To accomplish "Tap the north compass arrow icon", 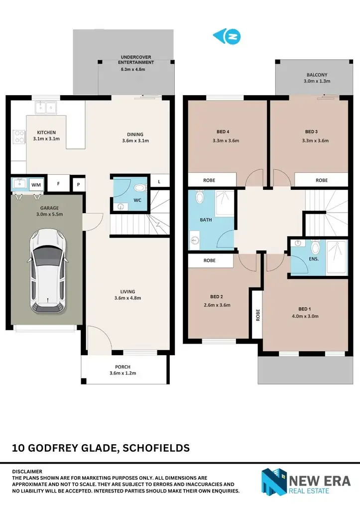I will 227,36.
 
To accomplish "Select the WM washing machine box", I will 36,184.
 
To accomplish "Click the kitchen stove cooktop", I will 18,136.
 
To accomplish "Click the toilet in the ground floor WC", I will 139,188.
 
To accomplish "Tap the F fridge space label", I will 58,184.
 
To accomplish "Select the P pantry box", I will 78,184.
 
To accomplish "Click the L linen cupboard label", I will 159,182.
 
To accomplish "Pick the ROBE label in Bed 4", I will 209,180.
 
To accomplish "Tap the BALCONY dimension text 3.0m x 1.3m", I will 317,81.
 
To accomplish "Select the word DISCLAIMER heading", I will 27,471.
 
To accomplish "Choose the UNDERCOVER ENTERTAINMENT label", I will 136,59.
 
